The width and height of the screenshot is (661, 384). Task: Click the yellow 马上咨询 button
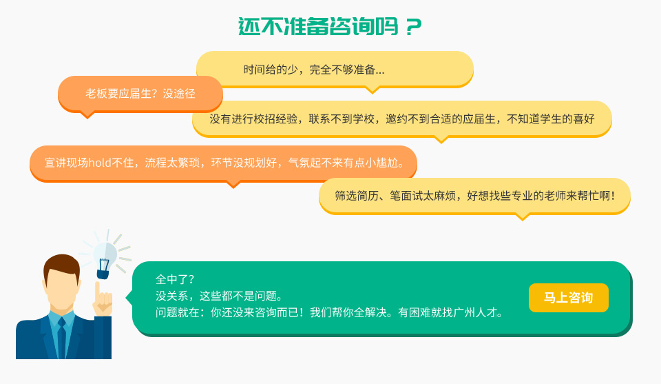568,298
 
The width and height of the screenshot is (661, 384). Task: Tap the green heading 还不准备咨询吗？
330,27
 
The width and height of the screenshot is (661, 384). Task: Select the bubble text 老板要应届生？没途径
140,94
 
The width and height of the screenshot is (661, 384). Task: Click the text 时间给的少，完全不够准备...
309,70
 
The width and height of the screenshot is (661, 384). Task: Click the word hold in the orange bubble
100,163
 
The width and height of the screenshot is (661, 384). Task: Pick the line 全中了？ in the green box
174,279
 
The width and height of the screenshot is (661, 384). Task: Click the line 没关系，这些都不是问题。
219,296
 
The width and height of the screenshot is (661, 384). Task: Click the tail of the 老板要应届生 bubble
87,114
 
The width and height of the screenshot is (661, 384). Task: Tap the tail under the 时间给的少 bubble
373,90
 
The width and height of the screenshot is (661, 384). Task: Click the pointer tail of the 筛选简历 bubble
523,217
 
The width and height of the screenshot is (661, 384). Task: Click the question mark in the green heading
414,27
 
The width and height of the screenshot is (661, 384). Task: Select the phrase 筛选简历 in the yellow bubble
357,195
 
